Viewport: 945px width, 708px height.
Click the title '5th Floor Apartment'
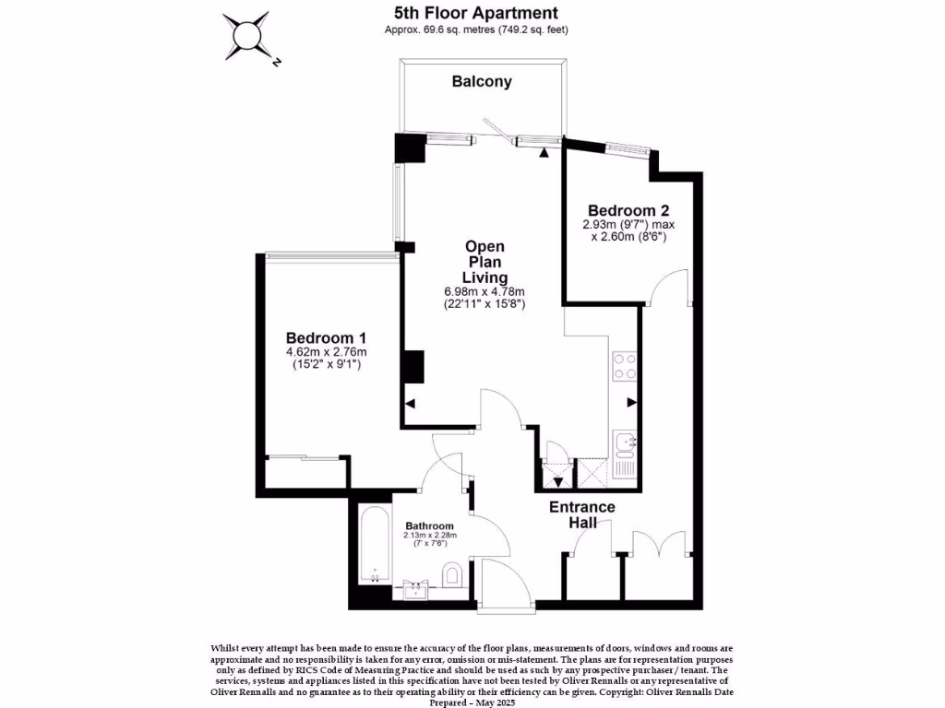[x=476, y=13]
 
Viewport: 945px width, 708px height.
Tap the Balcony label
[x=482, y=82]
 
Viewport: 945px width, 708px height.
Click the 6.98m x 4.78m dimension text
[x=485, y=292]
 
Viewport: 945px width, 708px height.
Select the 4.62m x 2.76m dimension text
[x=326, y=351]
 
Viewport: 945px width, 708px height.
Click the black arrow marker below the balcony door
[x=544, y=152]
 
